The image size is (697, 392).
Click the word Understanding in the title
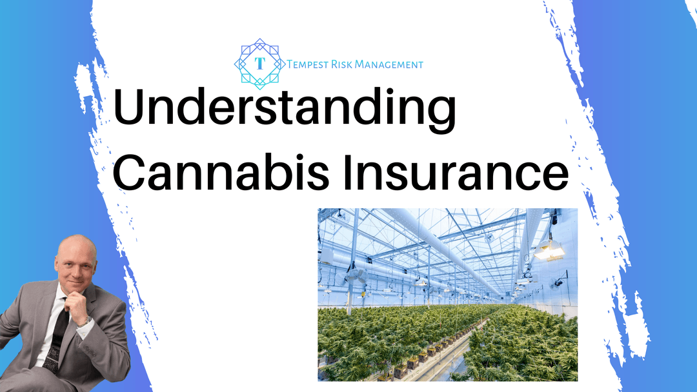[x=285, y=108]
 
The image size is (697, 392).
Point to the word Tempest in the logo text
[x=308, y=64]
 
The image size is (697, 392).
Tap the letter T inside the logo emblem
[x=260, y=63]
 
